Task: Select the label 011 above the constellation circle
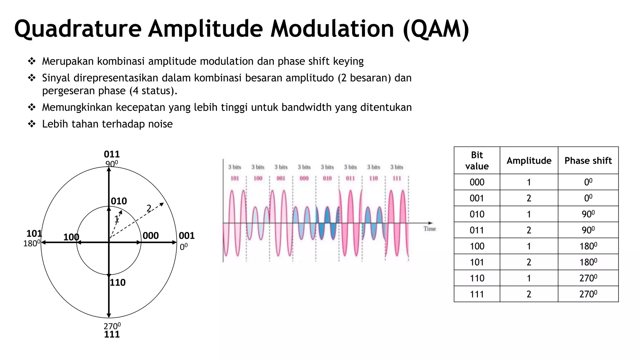point(112,154)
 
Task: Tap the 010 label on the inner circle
point(119,201)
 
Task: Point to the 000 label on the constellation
point(151,236)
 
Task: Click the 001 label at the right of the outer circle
point(187,236)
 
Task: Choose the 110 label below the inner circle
point(117,282)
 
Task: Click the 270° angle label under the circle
point(112,326)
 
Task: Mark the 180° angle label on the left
point(32,243)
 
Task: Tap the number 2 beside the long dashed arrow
point(149,208)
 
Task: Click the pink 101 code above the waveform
point(235,178)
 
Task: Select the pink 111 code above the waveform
point(397,178)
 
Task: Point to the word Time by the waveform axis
point(430,229)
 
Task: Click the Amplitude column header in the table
point(529,161)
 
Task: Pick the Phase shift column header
point(588,161)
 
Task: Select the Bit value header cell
point(477,161)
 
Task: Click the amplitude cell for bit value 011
point(529,230)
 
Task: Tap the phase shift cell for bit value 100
point(588,246)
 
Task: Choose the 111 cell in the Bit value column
point(477,294)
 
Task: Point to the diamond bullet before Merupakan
point(32,61)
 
